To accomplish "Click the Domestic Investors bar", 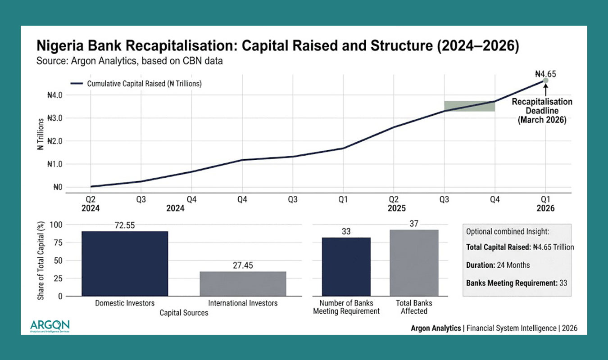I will pos(125,263).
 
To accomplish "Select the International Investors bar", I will pos(243,283).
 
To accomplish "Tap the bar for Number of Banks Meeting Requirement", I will pos(346,266).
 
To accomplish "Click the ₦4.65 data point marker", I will pos(546,81).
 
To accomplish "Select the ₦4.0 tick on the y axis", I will pos(54,95).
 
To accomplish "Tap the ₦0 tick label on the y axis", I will pos(57,187).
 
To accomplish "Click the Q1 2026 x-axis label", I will pos(546,203).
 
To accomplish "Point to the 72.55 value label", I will pos(125,224).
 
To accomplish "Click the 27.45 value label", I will pos(243,265).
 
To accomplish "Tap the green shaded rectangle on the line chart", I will pos(469,106).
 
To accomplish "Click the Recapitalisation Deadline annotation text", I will pos(542,111).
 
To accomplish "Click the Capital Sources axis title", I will pos(184,313).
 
